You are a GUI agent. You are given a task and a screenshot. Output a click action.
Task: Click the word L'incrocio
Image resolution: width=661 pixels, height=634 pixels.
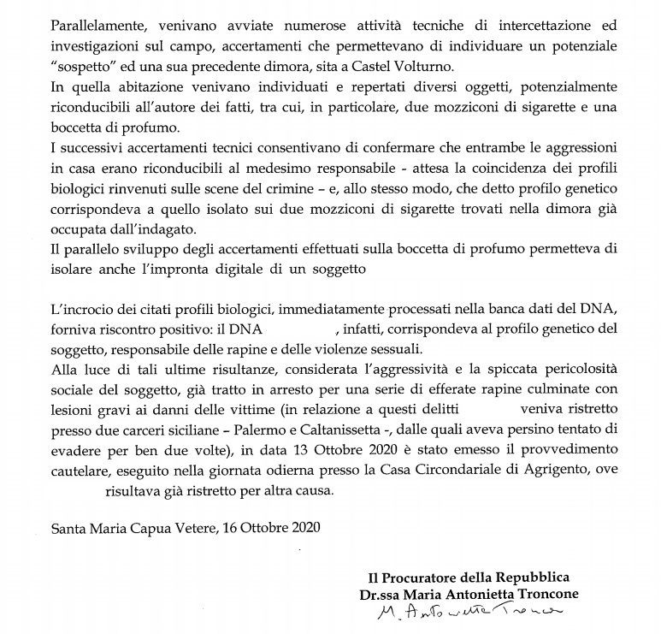83,307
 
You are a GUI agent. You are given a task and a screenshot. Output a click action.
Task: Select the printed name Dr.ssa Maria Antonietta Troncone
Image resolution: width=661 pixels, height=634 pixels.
469,595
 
